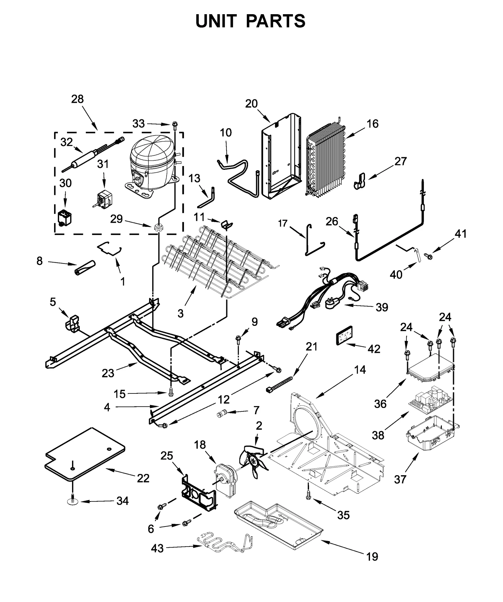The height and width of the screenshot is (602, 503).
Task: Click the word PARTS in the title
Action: pyautogui.click(x=275, y=21)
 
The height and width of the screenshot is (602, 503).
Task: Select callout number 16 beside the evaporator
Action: pyautogui.click(x=373, y=124)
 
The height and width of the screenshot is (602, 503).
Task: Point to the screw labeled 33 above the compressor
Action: pyautogui.click(x=175, y=125)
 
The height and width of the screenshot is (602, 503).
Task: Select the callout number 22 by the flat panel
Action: pyautogui.click(x=143, y=478)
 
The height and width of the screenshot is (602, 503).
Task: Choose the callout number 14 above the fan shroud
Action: pyautogui.click(x=360, y=370)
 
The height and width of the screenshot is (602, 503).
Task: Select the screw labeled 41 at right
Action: pyautogui.click(x=428, y=256)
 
